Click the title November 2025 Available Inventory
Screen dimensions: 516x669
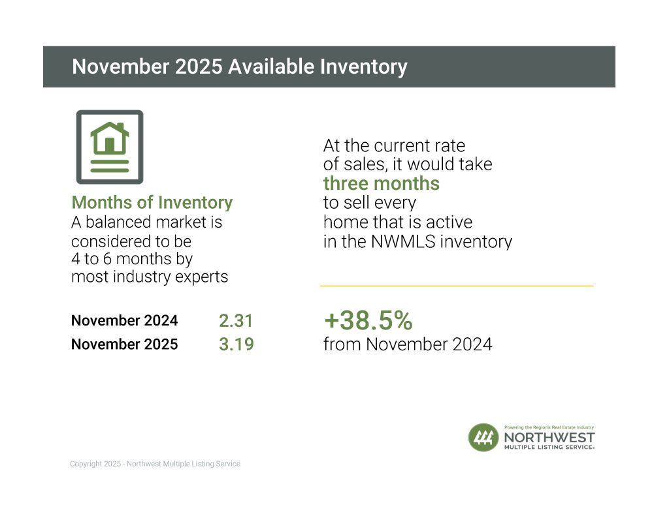coord(239,67)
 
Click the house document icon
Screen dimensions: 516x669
coord(110,147)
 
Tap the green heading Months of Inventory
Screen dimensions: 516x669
coord(152,202)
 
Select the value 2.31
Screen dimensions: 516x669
coord(236,321)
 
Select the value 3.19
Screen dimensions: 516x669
coord(236,344)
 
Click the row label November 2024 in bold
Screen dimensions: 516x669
coord(124,321)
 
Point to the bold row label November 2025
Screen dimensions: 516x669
coord(124,344)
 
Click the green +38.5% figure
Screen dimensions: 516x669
coord(368,320)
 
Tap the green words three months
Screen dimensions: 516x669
coord(382,183)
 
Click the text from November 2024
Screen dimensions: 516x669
coord(408,344)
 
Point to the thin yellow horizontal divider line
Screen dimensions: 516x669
coord(457,286)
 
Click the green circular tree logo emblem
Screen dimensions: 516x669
coord(483,437)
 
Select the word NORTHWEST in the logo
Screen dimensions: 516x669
coord(549,436)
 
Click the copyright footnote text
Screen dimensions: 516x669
coord(155,464)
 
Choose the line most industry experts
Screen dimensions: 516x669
coord(150,277)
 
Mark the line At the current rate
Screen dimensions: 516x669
coord(394,145)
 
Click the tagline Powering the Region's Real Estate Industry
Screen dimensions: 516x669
coord(549,426)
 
